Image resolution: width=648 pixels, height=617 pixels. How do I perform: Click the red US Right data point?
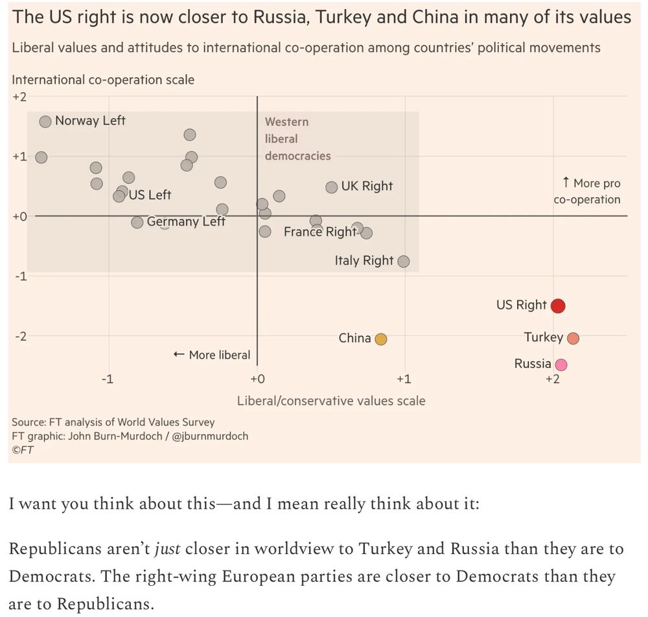pos(558,306)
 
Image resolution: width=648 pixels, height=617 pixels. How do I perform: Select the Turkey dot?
pos(573,338)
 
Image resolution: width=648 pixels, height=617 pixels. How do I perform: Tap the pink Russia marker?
pos(561,365)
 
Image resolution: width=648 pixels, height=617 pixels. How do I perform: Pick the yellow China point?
pos(381,339)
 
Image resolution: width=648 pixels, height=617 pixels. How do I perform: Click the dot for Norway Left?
pos(45,121)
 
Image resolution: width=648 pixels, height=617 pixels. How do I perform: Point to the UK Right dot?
pos(332,187)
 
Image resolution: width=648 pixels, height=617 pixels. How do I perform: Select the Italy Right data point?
pos(404,261)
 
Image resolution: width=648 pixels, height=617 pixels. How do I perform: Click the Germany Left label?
pos(186,222)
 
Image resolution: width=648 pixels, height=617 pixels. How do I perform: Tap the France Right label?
pos(319,232)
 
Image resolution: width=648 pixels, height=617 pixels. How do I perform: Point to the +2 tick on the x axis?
pos(552,379)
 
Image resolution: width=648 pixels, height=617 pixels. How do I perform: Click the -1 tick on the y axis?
pos(19,276)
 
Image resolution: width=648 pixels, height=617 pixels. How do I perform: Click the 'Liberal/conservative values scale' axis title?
pos(331,401)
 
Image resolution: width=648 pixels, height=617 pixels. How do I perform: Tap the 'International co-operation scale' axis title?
pos(103,80)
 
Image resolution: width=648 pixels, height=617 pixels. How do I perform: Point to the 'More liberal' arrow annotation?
pos(212,355)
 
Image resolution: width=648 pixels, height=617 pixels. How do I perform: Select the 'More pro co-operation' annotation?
pos(587,191)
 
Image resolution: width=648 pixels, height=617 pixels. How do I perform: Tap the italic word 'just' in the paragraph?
pos(167,549)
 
